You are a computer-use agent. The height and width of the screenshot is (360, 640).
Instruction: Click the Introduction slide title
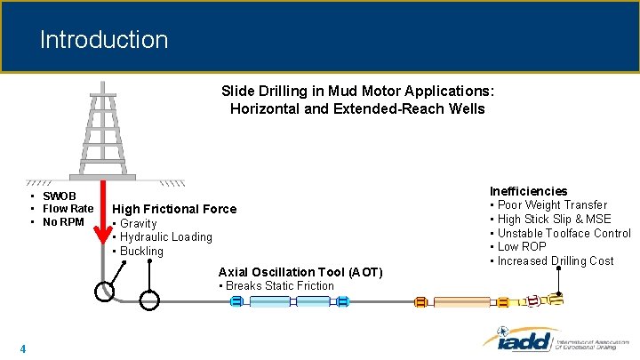(x=103, y=40)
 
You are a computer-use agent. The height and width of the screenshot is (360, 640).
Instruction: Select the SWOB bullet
(x=60, y=196)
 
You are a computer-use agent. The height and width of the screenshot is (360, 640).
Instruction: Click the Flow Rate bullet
(x=68, y=209)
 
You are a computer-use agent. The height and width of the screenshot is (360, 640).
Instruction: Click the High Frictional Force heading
(x=174, y=209)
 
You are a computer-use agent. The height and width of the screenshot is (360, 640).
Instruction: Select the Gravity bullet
(x=138, y=224)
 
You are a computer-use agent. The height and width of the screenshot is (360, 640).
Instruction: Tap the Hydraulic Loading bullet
(x=165, y=237)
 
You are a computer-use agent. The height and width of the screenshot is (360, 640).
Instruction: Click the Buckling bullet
(x=141, y=252)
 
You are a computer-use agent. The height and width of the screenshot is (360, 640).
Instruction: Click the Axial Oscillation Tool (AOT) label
(x=300, y=272)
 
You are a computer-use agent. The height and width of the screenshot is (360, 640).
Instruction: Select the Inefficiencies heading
(x=528, y=191)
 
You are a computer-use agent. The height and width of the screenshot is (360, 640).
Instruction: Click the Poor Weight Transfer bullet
(x=552, y=205)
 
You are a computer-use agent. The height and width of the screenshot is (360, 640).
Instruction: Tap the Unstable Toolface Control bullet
(x=564, y=233)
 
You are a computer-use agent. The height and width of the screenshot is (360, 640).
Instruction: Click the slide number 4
(x=22, y=348)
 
